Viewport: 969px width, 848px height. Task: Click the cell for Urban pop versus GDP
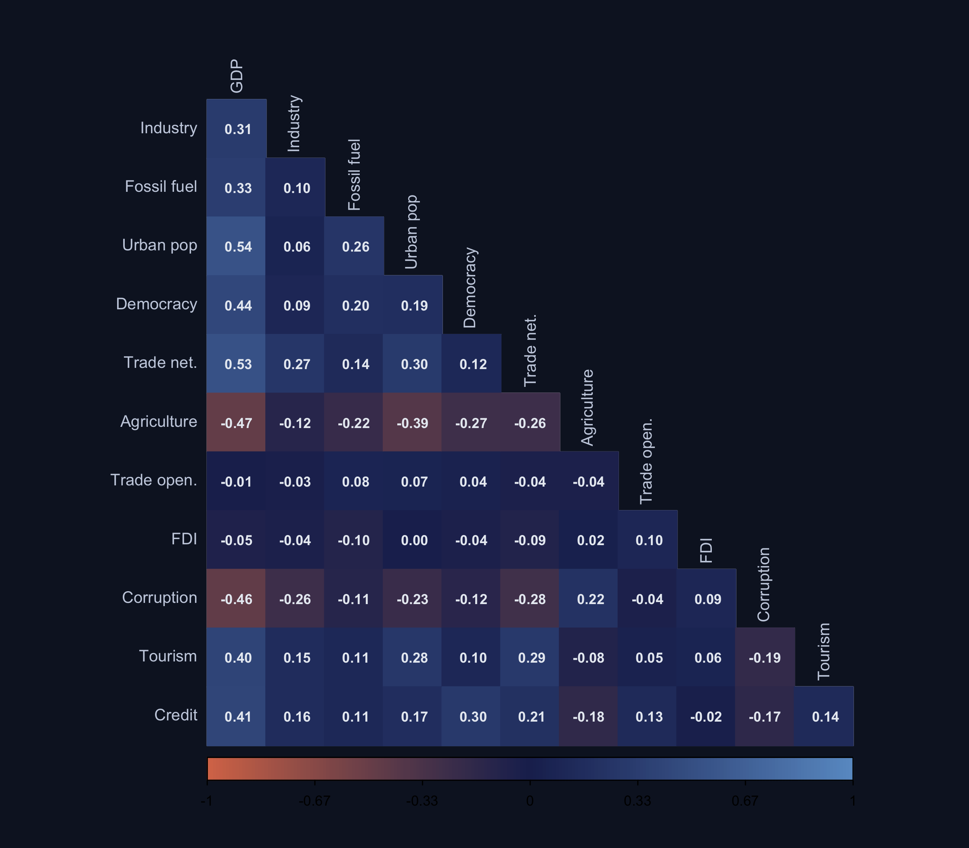pyautogui.click(x=236, y=246)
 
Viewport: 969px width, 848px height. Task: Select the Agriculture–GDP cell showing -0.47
pyautogui.click(x=236, y=422)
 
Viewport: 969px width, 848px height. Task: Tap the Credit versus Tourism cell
pyautogui.click(x=824, y=716)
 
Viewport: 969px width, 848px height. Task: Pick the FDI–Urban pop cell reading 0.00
pyautogui.click(x=413, y=540)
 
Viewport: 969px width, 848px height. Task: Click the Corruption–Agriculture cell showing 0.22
pyautogui.click(x=589, y=598)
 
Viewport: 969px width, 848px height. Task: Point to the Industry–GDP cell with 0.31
pyautogui.click(x=236, y=129)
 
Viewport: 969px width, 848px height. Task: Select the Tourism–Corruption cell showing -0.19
pyautogui.click(x=765, y=657)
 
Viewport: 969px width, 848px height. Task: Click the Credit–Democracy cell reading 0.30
pyautogui.click(x=471, y=716)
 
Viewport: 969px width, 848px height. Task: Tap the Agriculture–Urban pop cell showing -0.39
pyautogui.click(x=413, y=422)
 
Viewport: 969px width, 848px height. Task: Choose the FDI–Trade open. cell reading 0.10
pyautogui.click(x=648, y=540)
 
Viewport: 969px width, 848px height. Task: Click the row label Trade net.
pyautogui.click(x=160, y=363)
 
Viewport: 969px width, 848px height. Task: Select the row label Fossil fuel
pyautogui.click(x=161, y=187)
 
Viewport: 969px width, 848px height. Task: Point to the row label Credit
pyautogui.click(x=176, y=715)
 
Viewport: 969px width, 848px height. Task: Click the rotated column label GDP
pyautogui.click(x=236, y=76)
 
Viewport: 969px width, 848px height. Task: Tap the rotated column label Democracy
pyautogui.click(x=470, y=288)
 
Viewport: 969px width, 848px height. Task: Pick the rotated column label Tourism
pyautogui.click(x=824, y=652)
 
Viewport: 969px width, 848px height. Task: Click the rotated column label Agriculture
pyautogui.click(x=587, y=407)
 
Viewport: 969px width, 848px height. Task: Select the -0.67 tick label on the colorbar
pyautogui.click(x=315, y=801)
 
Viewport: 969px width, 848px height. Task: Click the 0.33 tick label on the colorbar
pyautogui.click(x=638, y=801)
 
